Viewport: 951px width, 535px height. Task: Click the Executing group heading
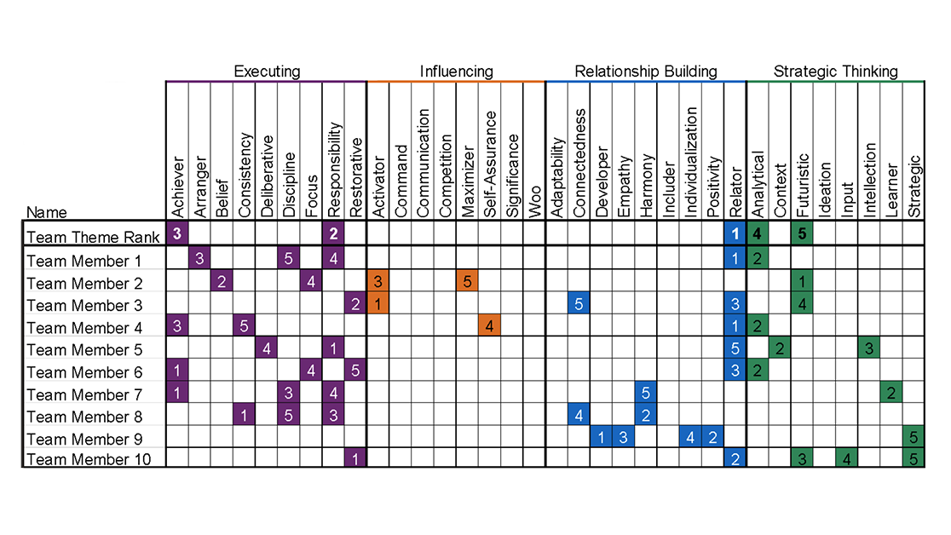267,72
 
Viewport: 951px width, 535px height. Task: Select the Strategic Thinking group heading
835,72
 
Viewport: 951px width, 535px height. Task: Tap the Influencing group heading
456,72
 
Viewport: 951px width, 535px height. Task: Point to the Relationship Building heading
646,72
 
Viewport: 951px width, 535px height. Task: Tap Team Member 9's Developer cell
601,439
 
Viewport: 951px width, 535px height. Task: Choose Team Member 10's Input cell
846,460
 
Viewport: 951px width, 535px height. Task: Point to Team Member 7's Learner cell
890,394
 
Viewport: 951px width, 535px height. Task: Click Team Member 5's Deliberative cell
267,348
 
